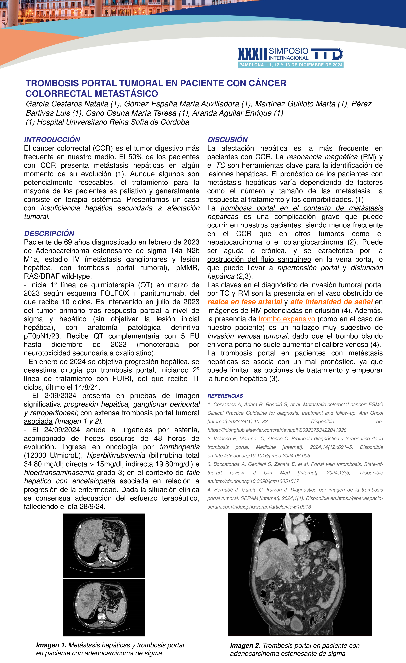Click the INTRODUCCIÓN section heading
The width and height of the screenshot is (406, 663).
coord(52,140)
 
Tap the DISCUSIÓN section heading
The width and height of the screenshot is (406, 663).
coord(228,140)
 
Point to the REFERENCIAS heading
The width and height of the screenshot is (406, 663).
coord(225,396)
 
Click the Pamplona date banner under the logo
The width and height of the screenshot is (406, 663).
coord(291,65)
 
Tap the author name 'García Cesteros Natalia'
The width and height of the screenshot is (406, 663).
coord(67,104)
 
